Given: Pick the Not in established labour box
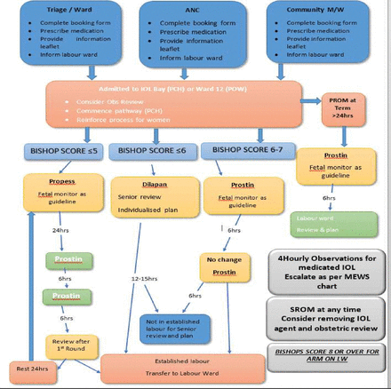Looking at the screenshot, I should point(176,324).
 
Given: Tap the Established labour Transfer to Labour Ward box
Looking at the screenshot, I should point(183,367).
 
